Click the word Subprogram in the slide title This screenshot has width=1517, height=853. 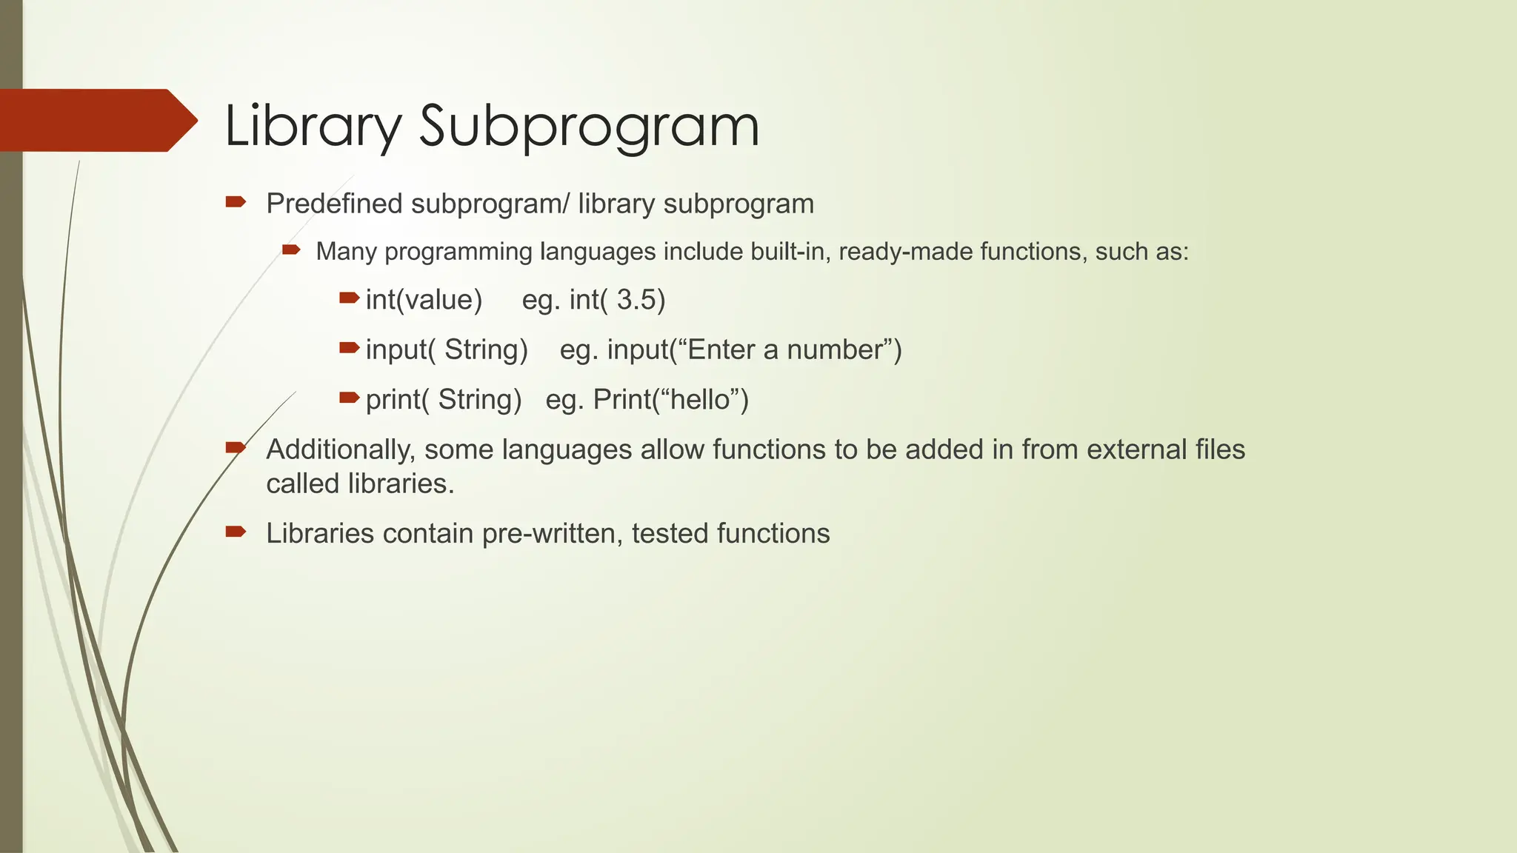(589, 126)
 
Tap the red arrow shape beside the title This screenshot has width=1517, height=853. (96, 120)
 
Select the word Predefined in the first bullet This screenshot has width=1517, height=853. (335, 204)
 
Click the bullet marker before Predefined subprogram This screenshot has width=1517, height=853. (236, 202)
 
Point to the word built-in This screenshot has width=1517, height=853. (783, 252)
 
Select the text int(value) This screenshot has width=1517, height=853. (424, 300)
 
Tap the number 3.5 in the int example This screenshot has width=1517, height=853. (636, 300)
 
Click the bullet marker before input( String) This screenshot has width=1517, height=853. (349, 348)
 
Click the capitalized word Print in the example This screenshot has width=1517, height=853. (621, 400)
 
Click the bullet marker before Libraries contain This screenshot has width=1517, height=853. (236, 531)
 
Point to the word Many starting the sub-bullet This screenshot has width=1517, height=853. (346, 252)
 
